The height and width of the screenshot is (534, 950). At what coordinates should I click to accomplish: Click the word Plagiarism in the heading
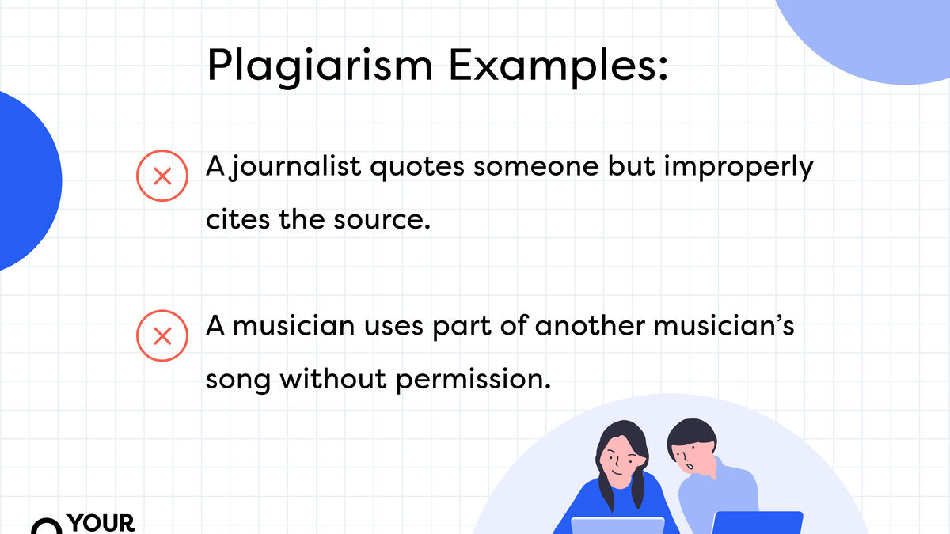pyautogui.click(x=320, y=66)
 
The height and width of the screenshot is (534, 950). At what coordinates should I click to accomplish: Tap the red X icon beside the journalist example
pyautogui.click(x=162, y=176)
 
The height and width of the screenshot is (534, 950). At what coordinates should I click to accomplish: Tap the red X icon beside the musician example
pyautogui.click(x=162, y=335)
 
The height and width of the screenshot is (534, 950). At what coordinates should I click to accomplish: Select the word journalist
pyautogui.click(x=295, y=167)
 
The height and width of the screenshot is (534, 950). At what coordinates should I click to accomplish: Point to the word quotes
pyautogui.click(x=417, y=167)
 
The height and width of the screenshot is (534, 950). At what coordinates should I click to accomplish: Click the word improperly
pyautogui.click(x=739, y=167)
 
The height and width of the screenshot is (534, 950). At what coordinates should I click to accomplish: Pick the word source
pyautogui.click(x=382, y=220)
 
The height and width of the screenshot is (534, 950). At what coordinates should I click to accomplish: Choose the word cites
pyautogui.click(x=238, y=219)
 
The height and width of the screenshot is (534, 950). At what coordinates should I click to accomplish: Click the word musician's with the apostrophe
pyautogui.click(x=724, y=325)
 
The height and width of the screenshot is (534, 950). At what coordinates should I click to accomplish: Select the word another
pyautogui.click(x=590, y=325)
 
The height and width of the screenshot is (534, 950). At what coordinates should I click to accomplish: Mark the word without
pyautogui.click(x=333, y=378)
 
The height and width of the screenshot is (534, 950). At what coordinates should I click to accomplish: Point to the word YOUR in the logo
pyautogui.click(x=101, y=524)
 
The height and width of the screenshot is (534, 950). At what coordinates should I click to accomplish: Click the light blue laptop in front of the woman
pyautogui.click(x=617, y=525)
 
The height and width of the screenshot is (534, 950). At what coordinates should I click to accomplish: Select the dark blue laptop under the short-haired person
pyautogui.click(x=758, y=523)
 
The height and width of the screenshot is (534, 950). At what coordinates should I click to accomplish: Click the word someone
pyautogui.click(x=536, y=167)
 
